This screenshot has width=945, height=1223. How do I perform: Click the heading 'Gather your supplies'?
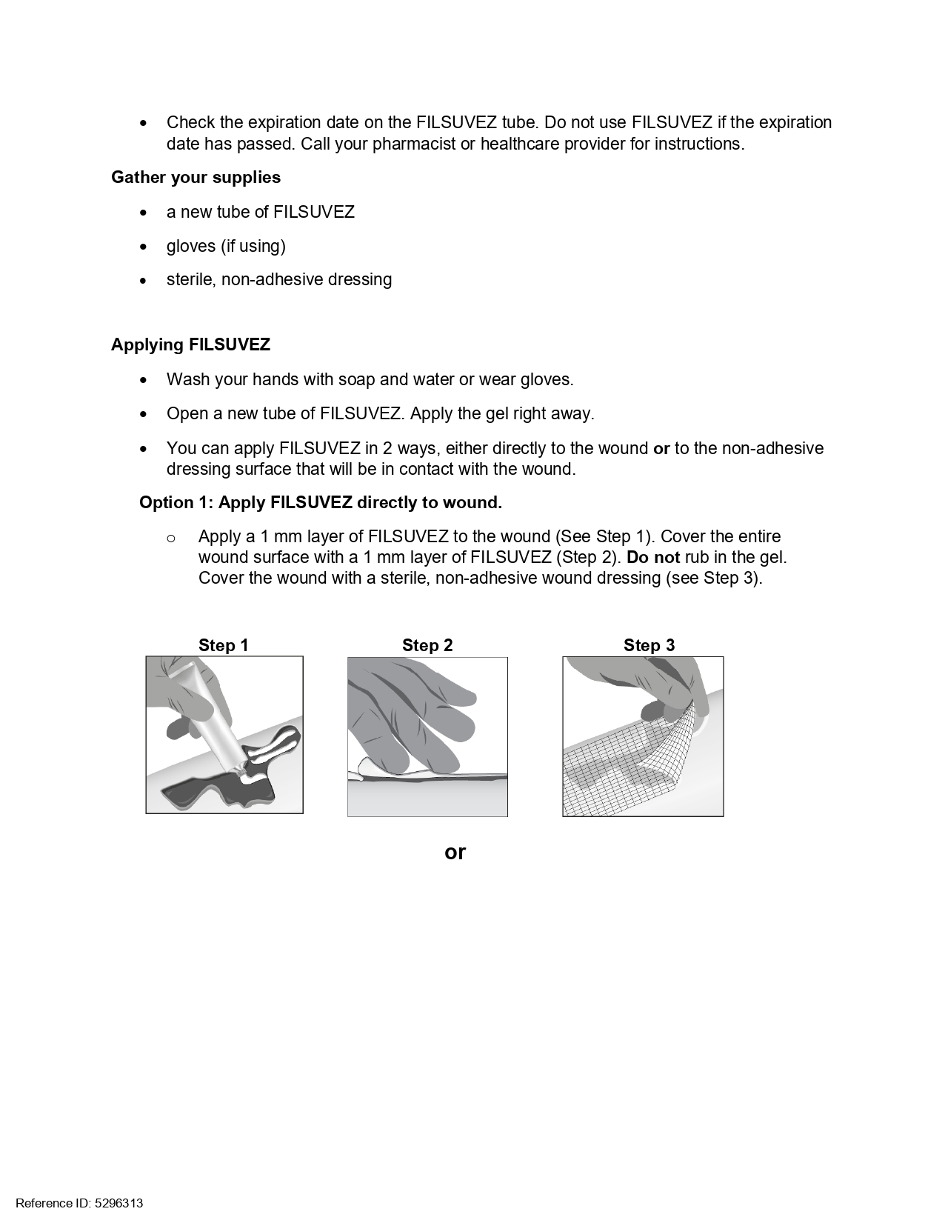(x=196, y=178)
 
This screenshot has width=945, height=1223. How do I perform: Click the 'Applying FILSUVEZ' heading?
(x=190, y=345)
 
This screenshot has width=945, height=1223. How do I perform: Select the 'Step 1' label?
(x=223, y=646)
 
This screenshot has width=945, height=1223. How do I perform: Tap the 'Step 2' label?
(x=427, y=646)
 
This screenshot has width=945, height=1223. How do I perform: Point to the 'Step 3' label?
(x=649, y=646)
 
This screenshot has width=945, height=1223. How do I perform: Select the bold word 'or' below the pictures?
(x=455, y=853)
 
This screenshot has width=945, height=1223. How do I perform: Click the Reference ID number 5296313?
(x=118, y=1203)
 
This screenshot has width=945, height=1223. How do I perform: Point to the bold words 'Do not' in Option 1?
(x=652, y=558)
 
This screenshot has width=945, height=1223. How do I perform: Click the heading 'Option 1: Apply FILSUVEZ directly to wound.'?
(x=320, y=503)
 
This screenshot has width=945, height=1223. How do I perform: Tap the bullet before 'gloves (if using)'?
(x=144, y=247)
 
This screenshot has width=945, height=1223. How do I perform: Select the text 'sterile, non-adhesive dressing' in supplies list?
(x=279, y=280)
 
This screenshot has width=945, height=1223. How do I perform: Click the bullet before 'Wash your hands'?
(x=144, y=380)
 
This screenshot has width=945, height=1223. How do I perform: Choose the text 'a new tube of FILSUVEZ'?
(x=261, y=213)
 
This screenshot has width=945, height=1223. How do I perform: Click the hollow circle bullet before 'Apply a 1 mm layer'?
(x=171, y=538)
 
